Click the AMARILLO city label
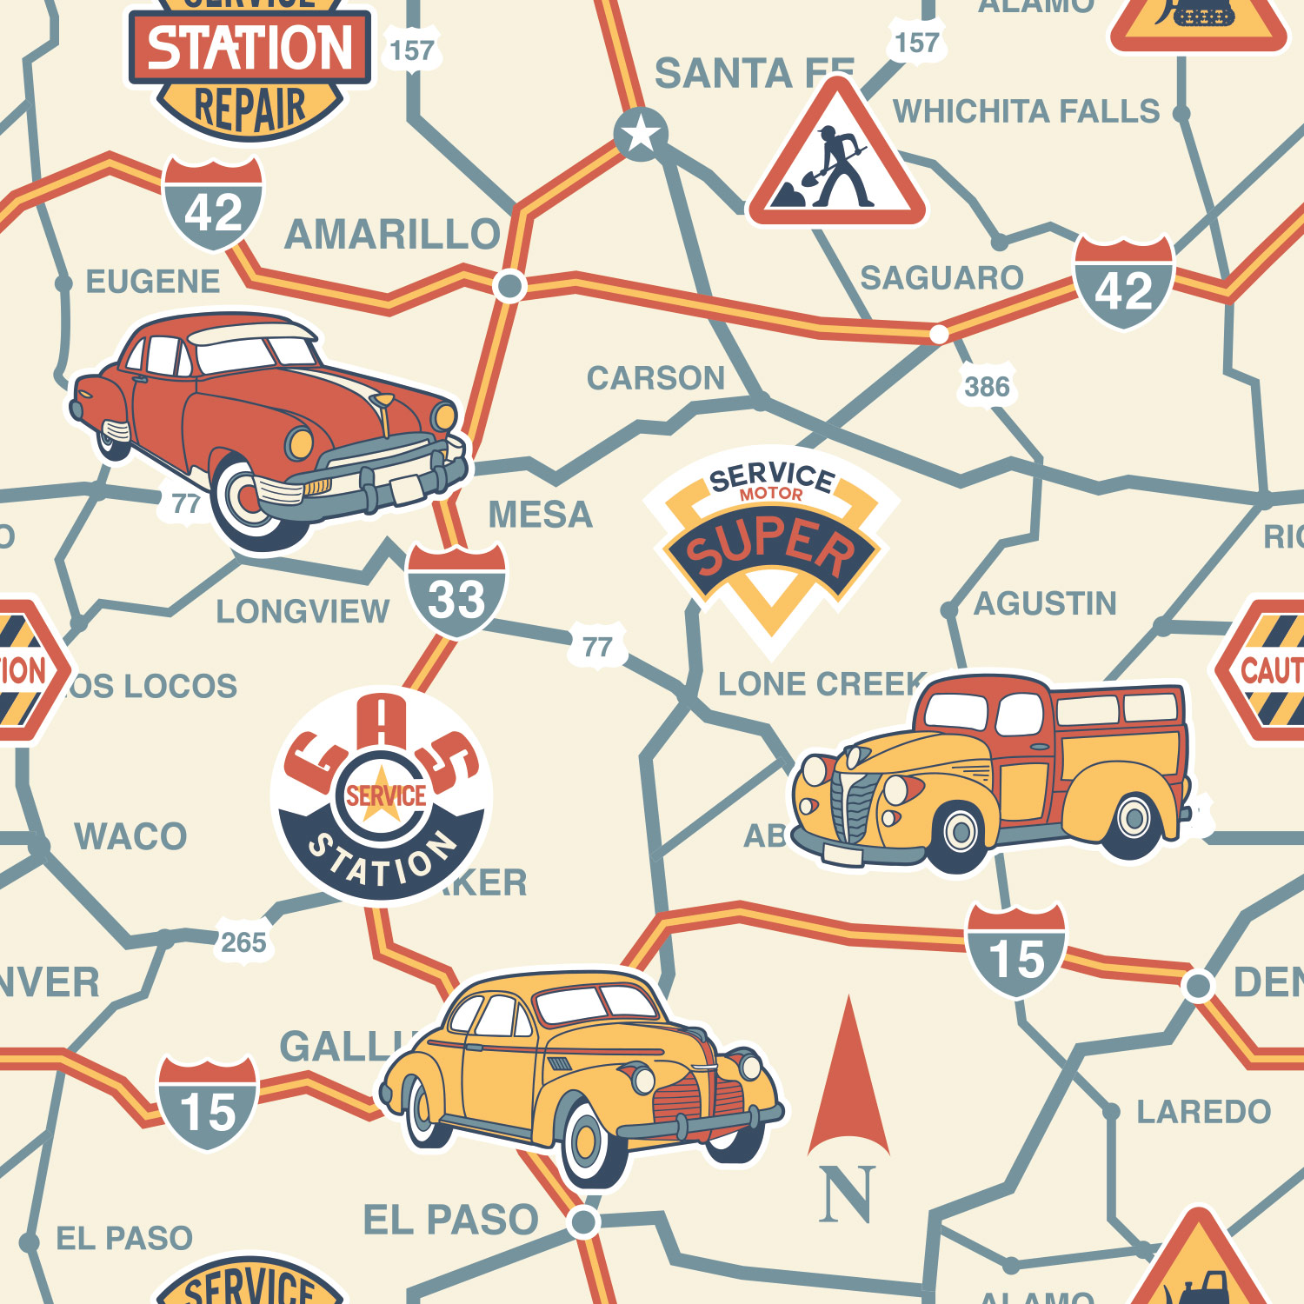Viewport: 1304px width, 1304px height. (392, 235)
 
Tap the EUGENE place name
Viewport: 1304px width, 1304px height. (153, 282)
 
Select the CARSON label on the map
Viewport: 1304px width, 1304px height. (655, 378)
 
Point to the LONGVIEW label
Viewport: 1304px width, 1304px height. (303, 612)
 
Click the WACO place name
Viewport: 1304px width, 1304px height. (130, 836)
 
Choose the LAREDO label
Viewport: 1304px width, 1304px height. (1203, 1112)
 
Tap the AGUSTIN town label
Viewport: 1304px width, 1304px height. (1045, 603)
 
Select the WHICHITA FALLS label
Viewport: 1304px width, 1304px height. (1026, 112)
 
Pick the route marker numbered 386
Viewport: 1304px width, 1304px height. (987, 387)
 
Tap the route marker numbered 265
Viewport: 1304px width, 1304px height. (243, 942)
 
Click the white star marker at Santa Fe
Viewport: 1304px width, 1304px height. (641, 134)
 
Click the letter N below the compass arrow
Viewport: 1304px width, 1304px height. (846, 1195)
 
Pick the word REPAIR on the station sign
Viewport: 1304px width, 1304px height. (250, 109)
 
